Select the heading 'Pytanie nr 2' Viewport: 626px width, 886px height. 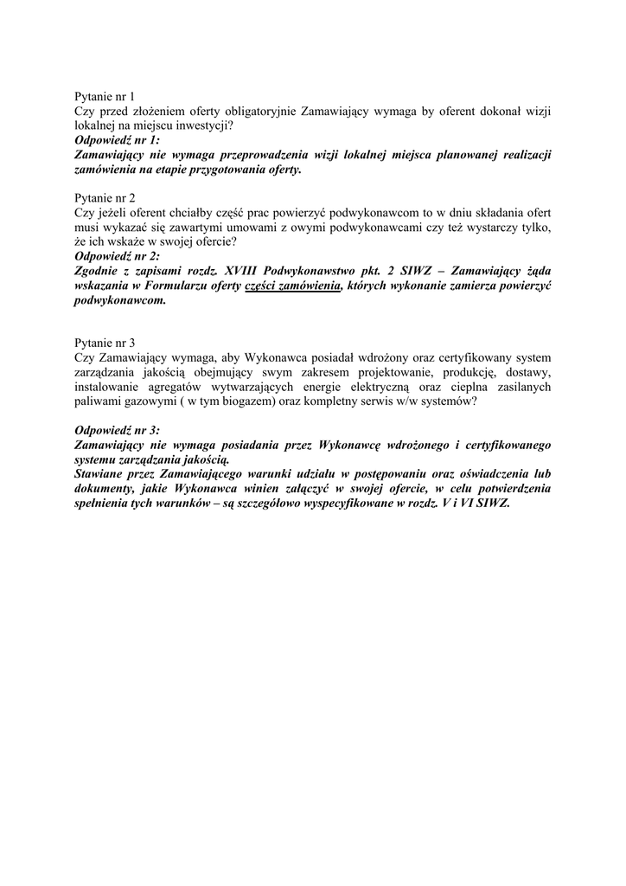click(x=105, y=197)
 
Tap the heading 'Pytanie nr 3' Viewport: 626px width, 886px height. click(x=105, y=342)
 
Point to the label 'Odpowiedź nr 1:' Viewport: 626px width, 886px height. click(x=118, y=139)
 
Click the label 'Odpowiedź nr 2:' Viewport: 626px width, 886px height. click(x=118, y=256)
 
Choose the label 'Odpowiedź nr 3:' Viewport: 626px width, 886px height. click(x=118, y=430)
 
